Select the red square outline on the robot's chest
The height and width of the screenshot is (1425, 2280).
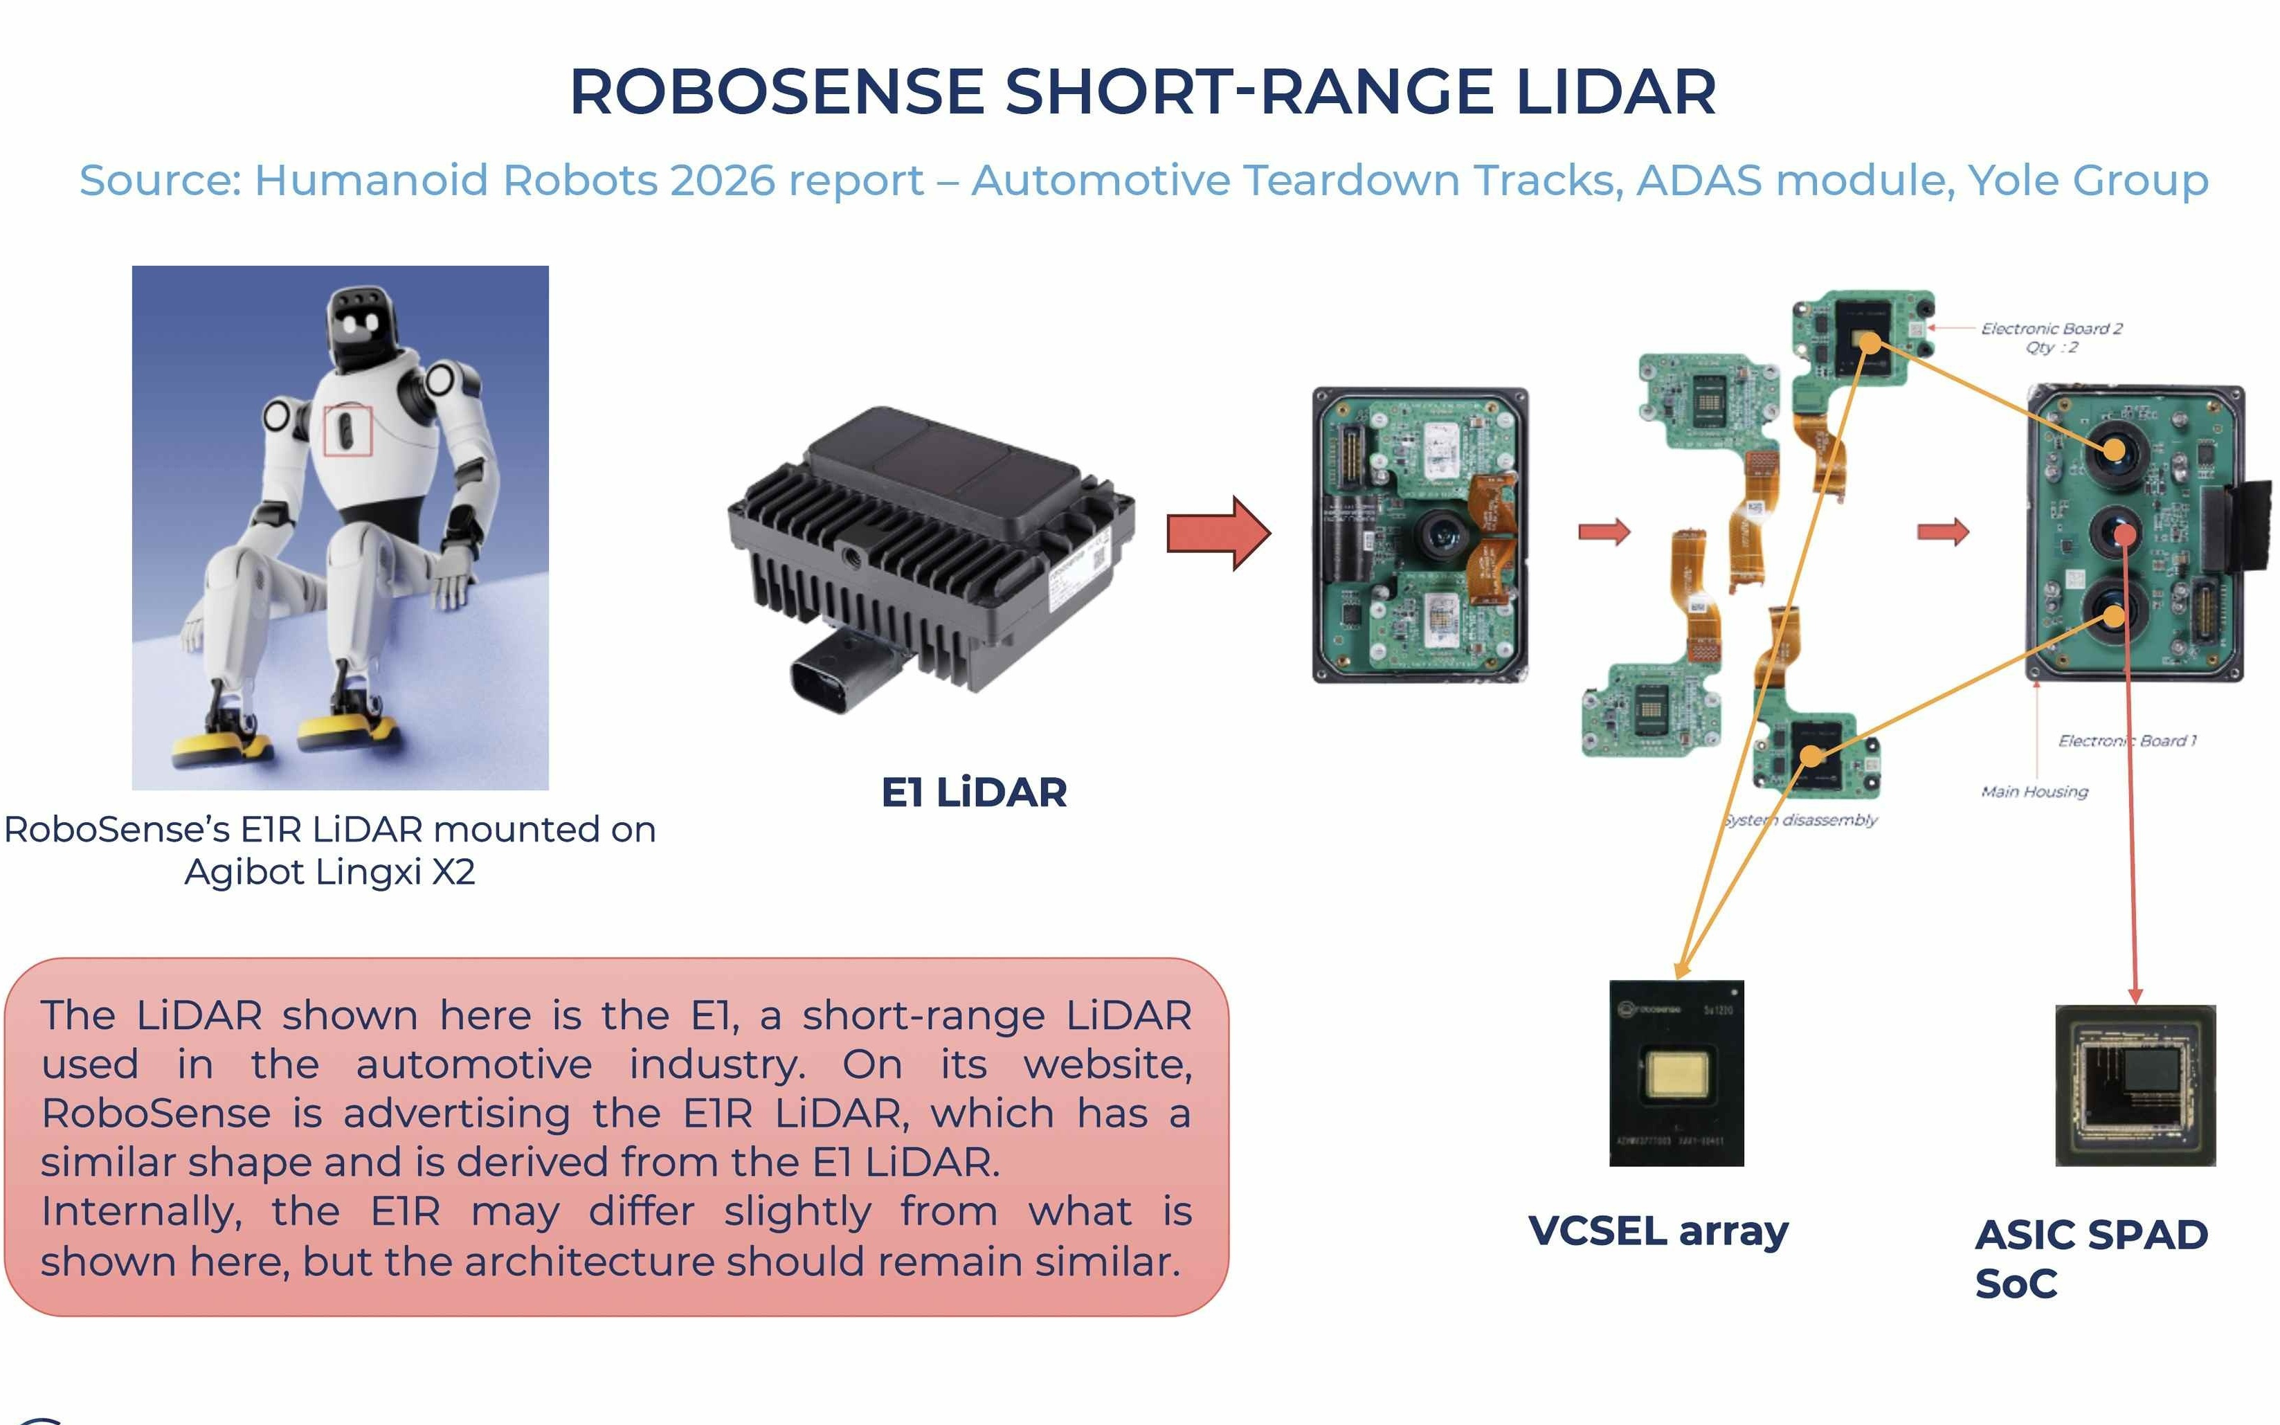[x=347, y=430]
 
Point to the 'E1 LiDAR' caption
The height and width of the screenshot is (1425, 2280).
[x=974, y=792]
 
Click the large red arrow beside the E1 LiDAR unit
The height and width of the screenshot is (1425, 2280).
[x=1218, y=534]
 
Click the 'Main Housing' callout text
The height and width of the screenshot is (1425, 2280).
[x=2034, y=792]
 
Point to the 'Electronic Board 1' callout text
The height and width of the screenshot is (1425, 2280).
[x=2126, y=741]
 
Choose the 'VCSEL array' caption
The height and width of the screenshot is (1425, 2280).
[x=1657, y=1231]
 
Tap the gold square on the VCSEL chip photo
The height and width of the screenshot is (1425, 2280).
[x=1676, y=1073]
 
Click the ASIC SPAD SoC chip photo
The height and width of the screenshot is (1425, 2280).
[x=2134, y=1086]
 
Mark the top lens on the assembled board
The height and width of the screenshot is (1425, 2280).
[x=2114, y=451]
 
